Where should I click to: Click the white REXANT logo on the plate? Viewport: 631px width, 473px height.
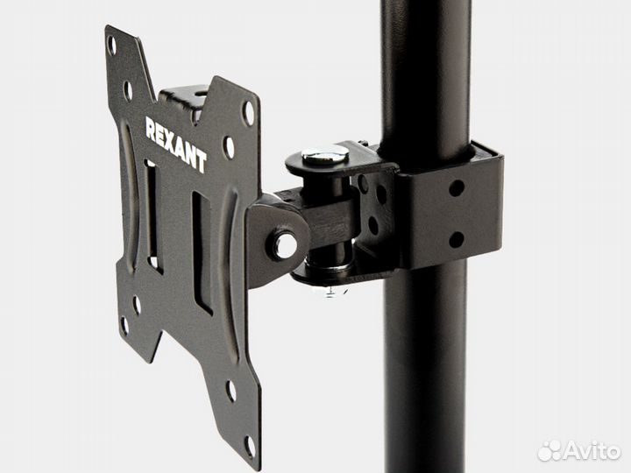[176, 145]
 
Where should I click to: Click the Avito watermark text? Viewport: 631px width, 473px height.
[592, 451]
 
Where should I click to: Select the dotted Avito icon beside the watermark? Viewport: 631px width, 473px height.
[549, 451]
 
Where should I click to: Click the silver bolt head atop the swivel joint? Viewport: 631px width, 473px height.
[325, 154]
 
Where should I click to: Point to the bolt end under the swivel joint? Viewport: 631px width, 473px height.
[330, 291]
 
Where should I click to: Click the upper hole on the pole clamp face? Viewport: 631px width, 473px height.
[457, 187]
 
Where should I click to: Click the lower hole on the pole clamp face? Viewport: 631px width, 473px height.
[456, 240]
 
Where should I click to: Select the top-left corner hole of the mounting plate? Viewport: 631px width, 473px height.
[112, 45]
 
